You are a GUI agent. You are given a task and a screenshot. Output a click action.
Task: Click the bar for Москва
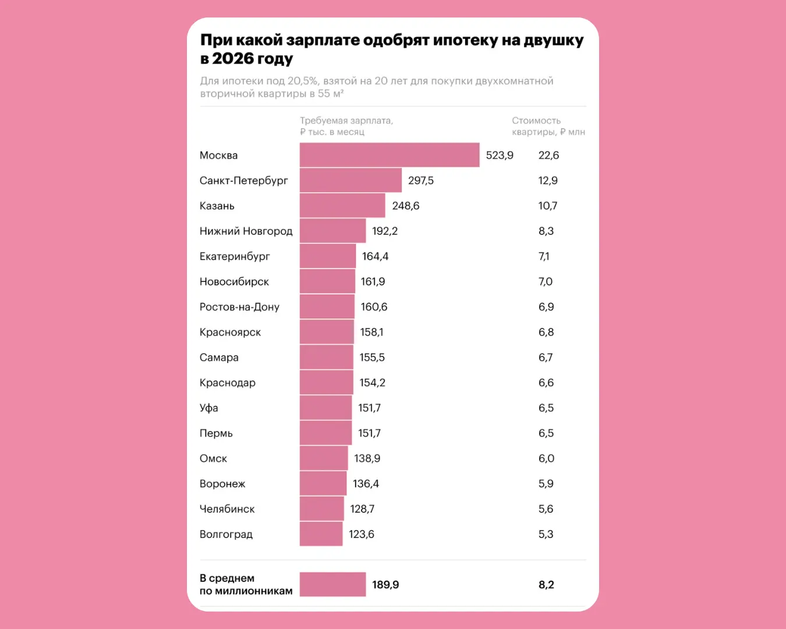(390, 155)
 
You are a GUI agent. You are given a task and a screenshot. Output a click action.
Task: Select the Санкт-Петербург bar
(350, 181)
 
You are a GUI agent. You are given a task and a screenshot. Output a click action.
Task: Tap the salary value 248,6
(405, 206)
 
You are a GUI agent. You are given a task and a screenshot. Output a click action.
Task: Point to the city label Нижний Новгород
(246, 231)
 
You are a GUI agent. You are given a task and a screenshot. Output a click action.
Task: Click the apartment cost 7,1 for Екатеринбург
(544, 256)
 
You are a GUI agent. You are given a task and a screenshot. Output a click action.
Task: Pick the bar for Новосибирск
(327, 281)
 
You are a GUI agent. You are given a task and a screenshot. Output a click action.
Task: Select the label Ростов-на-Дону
(239, 307)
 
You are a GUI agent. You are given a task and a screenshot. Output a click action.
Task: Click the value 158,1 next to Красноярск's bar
(371, 332)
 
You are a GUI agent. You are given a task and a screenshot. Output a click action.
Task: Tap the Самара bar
(327, 357)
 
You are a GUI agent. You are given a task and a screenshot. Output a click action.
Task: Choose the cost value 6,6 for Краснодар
(546, 383)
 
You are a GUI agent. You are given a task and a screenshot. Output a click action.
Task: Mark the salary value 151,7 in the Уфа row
(369, 408)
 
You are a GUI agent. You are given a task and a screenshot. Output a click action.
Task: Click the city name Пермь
(216, 433)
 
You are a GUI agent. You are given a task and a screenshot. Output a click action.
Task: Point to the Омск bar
(324, 458)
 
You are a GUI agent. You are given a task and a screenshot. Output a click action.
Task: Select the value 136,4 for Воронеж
(366, 483)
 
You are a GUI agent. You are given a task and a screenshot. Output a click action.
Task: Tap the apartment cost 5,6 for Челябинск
(546, 509)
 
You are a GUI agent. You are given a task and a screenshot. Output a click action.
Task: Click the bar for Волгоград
(321, 534)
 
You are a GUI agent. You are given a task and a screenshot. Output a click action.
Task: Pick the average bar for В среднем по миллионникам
(332, 584)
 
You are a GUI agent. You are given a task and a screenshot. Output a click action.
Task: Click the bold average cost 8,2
(546, 585)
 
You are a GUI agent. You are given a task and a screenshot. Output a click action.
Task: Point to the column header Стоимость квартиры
(548, 126)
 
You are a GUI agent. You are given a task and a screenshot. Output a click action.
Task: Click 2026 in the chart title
(233, 59)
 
